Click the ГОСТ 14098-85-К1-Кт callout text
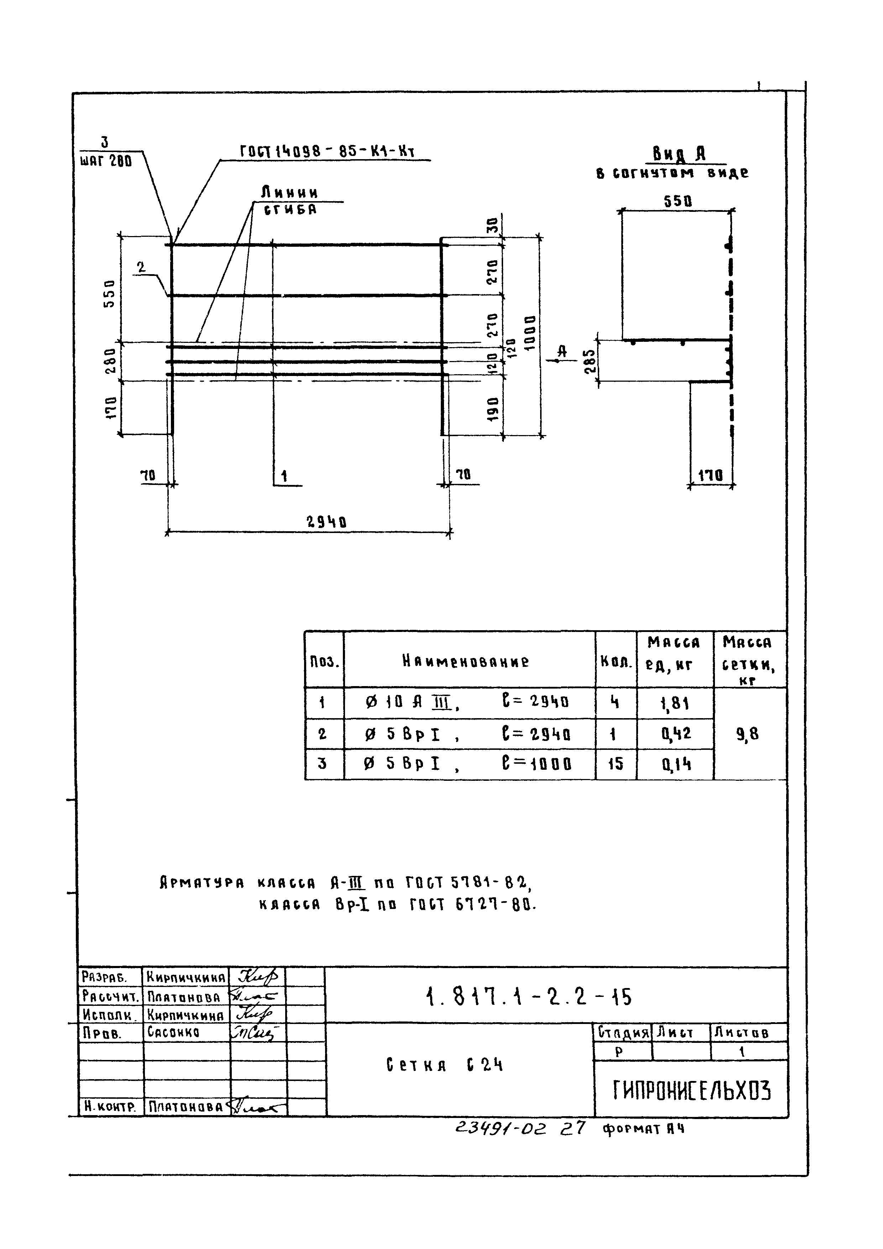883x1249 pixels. point(327,152)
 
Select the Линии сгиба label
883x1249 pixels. point(289,200)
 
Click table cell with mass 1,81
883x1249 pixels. point(675,704)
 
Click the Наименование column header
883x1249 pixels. point(465,661)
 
